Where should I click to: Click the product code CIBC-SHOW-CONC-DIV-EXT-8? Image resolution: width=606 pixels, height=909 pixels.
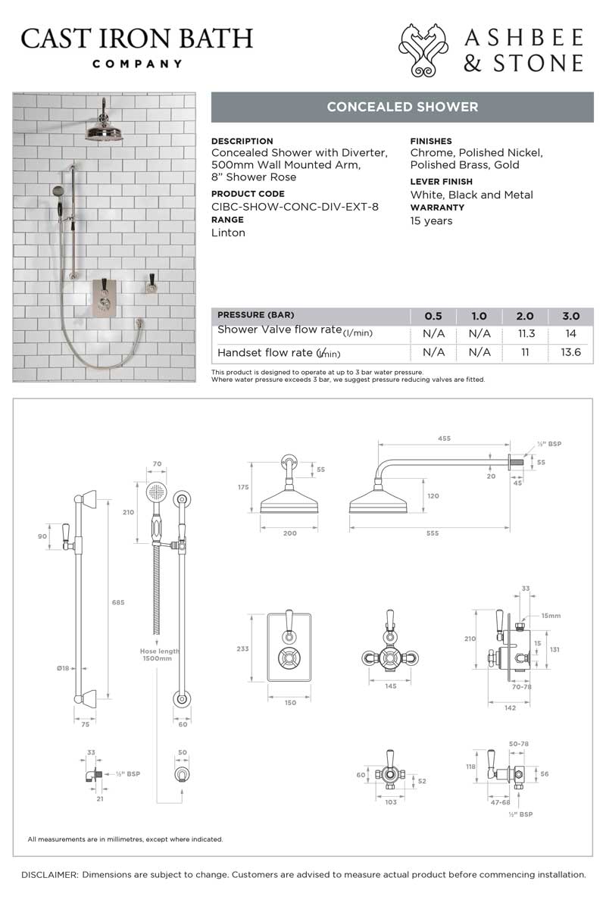[295, 206]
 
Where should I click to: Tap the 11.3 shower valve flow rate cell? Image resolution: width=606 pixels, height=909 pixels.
[525, 333]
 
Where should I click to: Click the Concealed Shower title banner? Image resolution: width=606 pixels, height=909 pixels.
[402, 107]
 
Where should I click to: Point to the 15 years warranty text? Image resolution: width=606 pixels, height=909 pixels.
[431, 221]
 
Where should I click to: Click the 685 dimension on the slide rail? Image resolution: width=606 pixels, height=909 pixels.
[118, 602]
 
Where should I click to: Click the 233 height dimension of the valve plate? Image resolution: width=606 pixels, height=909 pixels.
[242, 648]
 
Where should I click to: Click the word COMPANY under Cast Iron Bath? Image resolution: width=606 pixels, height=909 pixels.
[137, 64]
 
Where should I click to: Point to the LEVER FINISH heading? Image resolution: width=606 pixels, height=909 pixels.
[441, 182]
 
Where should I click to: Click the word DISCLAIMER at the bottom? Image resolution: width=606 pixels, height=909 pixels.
[49, 874]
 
